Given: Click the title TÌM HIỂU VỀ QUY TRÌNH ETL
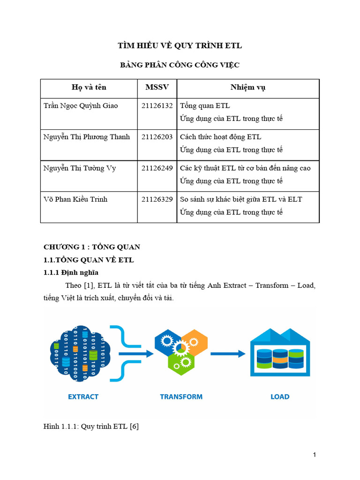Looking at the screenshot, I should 180,45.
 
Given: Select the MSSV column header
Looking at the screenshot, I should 157,87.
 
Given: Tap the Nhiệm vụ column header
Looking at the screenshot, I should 248,87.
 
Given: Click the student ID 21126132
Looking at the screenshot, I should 157,105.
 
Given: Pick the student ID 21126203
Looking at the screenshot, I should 157,137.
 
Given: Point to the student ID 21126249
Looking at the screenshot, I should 157,168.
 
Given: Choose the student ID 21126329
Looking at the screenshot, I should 157,199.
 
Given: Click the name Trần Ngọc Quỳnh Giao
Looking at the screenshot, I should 81,105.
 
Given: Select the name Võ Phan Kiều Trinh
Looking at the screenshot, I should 75,199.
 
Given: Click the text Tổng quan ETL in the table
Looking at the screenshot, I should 205,105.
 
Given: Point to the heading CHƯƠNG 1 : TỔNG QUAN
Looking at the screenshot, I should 92,247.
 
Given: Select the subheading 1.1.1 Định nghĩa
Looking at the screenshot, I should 71,272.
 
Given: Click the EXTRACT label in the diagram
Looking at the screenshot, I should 83,397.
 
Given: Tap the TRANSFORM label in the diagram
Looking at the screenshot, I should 181,397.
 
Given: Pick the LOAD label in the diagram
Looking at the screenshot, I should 280,397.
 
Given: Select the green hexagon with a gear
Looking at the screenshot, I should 181,362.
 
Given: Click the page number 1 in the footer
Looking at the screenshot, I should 315,455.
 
